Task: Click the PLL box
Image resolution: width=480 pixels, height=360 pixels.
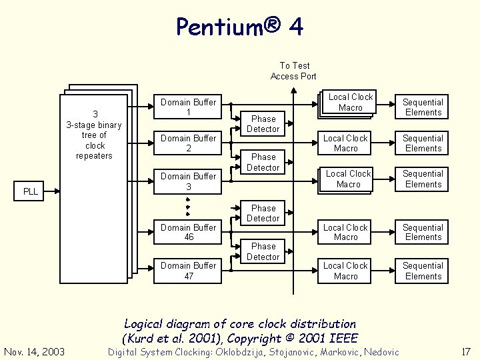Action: [x=31, y=191]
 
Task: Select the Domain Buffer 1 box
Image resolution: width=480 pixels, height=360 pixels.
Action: [x=188, y=107]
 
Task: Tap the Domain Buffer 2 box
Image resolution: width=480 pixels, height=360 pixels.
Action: [x=188, y=143]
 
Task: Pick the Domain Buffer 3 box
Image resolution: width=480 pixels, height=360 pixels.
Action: [x=188, y=181]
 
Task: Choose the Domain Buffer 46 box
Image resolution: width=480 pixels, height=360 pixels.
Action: [x=188, y=232]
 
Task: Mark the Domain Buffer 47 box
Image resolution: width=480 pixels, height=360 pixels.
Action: [x=188, y=270]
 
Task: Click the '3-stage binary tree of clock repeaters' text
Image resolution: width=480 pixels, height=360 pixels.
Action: [x=95, y=135]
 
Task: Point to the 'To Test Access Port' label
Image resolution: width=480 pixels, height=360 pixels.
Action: [x=293, y=71]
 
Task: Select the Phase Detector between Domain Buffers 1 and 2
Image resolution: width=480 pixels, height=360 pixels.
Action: [x=263, y=124]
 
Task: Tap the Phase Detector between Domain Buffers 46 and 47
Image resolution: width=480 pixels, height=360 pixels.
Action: [x=263, y=251]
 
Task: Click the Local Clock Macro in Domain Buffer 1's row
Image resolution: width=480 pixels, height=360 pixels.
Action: [x=350, y=102]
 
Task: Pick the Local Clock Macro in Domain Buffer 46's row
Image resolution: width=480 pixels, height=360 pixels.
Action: [x=345, y=232]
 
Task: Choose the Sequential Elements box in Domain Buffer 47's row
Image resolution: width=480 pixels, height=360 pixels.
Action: [x=423, y=271]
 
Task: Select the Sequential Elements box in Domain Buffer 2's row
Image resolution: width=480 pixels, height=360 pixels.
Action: [x=423, y=143]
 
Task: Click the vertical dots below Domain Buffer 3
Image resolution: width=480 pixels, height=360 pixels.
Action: [x=188, y=206]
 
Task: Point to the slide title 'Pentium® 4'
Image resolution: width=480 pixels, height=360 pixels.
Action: [x=240, y=27]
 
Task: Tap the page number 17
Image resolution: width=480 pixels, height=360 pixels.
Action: [x=465, y=351]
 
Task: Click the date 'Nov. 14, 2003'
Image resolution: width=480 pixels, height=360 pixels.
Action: [x=34, y=351]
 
